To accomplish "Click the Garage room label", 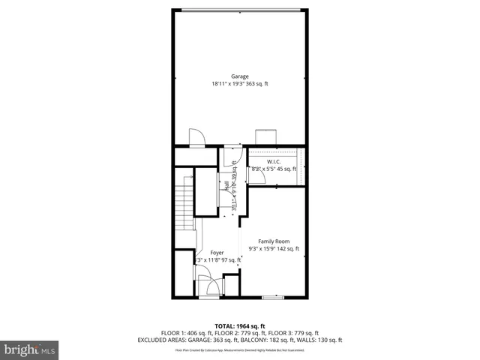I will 240,76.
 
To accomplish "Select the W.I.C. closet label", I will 273,161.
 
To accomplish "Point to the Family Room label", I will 273,241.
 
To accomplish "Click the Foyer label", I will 217,253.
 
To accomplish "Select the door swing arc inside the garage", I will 196,137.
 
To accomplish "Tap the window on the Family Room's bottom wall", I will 273,298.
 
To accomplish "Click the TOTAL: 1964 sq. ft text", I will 240,326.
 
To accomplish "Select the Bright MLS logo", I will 30,349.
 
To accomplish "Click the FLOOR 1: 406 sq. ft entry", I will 185,333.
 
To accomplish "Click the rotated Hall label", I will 225,185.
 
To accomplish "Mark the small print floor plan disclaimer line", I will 240,350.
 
